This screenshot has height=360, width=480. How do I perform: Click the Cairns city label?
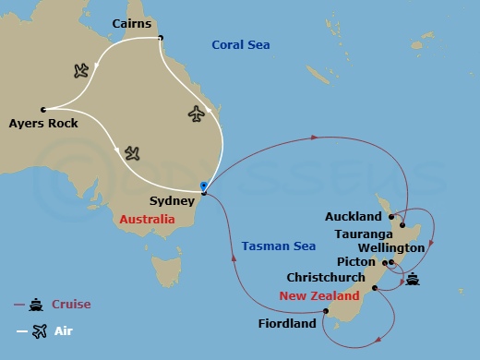(132, 21)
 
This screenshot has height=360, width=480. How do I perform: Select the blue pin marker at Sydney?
(203, 186)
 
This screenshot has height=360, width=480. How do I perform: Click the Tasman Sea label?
(278, 246)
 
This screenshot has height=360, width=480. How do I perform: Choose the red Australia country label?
(147, 220)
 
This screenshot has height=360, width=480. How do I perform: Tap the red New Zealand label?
(319, 296)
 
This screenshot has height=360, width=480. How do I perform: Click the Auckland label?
(353, 217)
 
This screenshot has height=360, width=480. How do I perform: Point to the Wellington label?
(393, 247)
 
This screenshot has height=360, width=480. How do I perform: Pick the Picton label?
(356, 261)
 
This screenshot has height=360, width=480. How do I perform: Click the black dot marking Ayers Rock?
(43, 109)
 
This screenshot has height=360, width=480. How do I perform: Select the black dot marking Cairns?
(160, 38)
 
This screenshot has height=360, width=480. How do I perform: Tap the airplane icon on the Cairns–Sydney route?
(196, 113)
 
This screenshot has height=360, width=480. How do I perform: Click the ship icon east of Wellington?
(412, 280)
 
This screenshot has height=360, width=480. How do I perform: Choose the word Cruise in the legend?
(71, 304)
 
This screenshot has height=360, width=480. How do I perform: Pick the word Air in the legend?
(63, 330)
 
